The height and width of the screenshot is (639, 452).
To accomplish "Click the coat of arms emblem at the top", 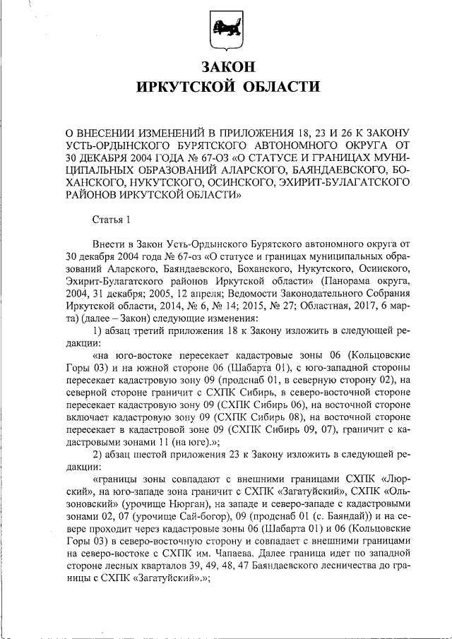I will [226, 32].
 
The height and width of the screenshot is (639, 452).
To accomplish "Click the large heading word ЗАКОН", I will [226, 68].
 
